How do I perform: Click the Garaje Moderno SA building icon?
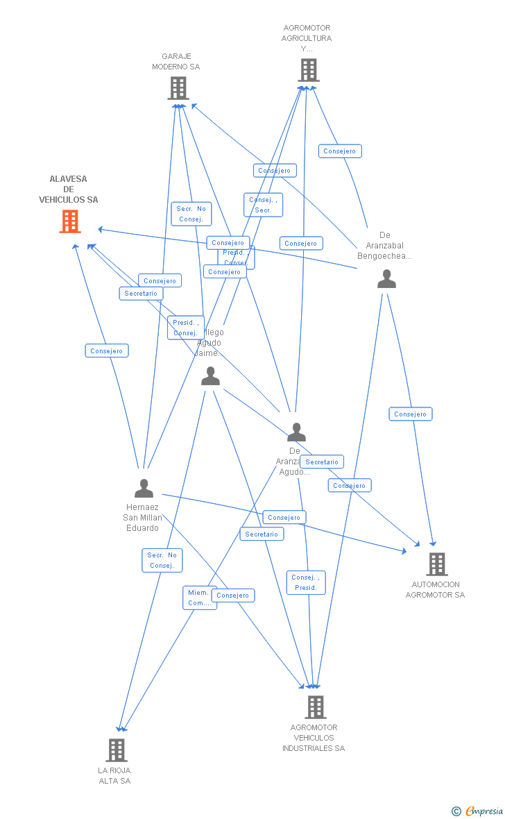pos(178,88)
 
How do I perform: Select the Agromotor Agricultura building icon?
pos(309,70)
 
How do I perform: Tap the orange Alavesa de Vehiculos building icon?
pos(69,221)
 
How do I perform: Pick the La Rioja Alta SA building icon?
pos(116,750)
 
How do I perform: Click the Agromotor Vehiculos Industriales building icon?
pos(315,707)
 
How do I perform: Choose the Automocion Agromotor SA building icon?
pos(436,564)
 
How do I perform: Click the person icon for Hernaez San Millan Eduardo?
pos(144,488)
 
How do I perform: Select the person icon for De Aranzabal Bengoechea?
pos(386,279)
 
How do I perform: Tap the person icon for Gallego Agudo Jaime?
pos(210,376)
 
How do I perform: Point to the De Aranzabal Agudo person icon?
pos(296,432)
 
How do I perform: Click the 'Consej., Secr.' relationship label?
pos(263,205)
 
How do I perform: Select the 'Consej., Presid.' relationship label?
pos(305,582)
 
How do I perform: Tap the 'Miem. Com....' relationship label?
pos(199,598)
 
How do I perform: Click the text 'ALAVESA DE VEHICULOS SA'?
pos(68,189)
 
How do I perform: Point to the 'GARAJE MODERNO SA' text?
pos(176,62)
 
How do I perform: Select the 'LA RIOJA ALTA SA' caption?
pos(114,775)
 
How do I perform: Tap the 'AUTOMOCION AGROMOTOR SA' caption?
pos(435,589)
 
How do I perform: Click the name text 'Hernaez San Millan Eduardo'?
pos(142,518)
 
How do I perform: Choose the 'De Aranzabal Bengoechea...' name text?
pos(384,246)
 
